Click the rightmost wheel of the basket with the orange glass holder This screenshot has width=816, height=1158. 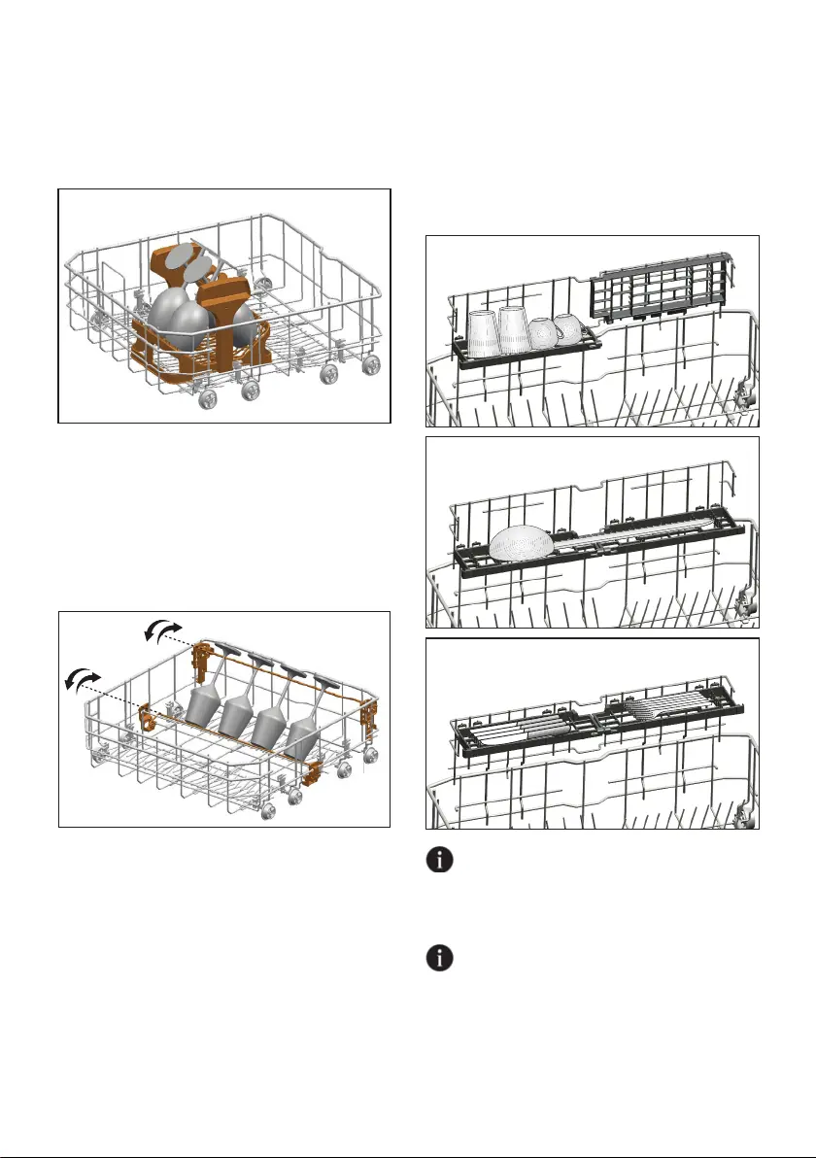pos(370,364)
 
